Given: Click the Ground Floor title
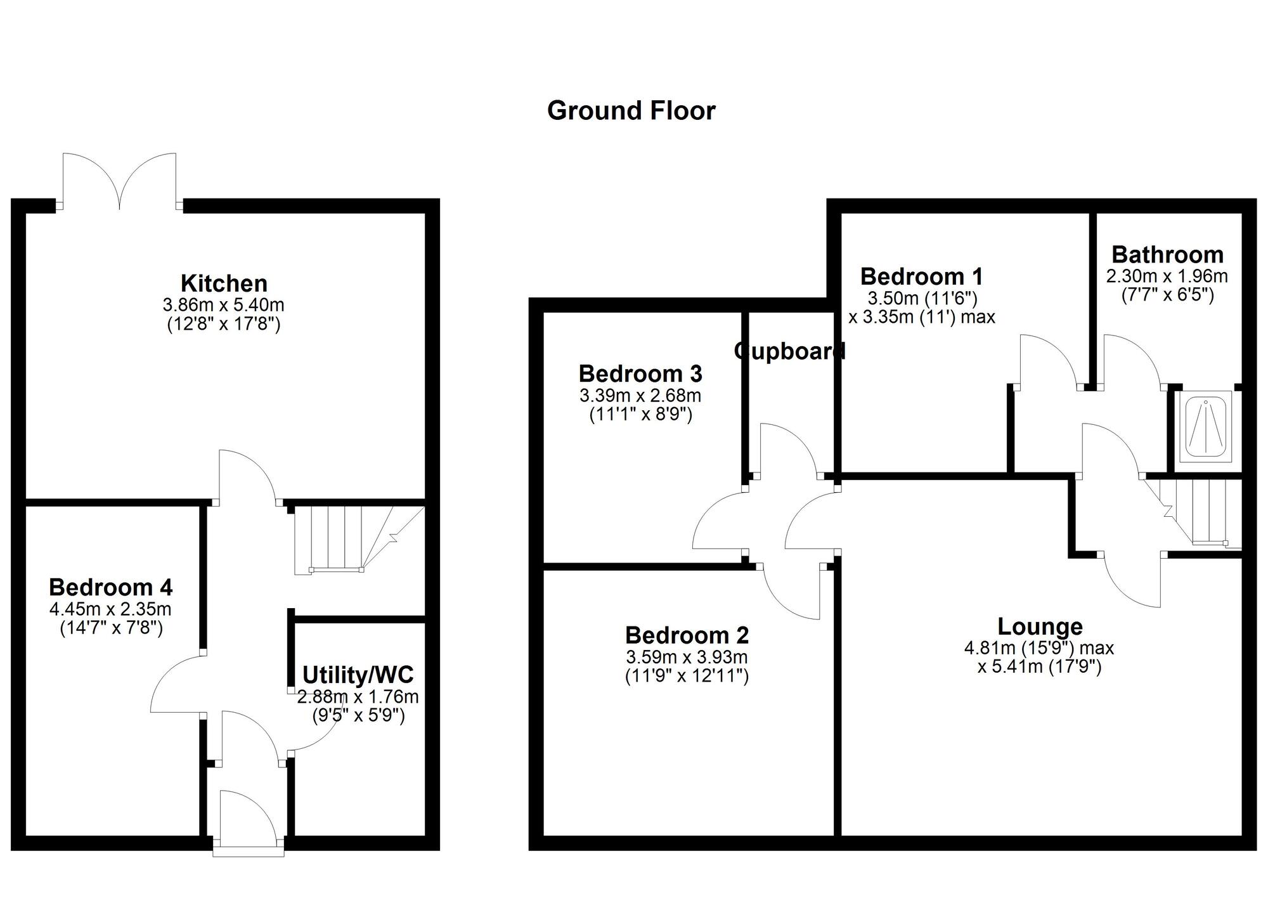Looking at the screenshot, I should pos(631,111).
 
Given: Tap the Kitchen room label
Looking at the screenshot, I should pos(224,283).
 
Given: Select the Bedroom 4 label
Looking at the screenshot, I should pos(111,587).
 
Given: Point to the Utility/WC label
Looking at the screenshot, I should pos(358,674).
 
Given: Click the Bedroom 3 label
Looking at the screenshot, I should pos(640,373).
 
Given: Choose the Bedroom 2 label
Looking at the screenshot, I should pos(687,635).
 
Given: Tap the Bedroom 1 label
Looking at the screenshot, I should pos(921,276).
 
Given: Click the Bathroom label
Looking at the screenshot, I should pos(1167,254).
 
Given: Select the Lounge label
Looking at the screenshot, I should pos(1040,627).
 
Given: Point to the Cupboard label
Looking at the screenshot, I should pos(789,351).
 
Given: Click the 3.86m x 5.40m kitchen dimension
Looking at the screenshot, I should pos(224,304).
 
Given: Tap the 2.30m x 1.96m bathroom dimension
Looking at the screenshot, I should pos(1167,276).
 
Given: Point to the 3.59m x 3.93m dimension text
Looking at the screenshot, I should pos(687,657).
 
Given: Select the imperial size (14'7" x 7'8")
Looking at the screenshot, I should pos(111,628).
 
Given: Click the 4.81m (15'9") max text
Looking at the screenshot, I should pos(1038,648).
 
